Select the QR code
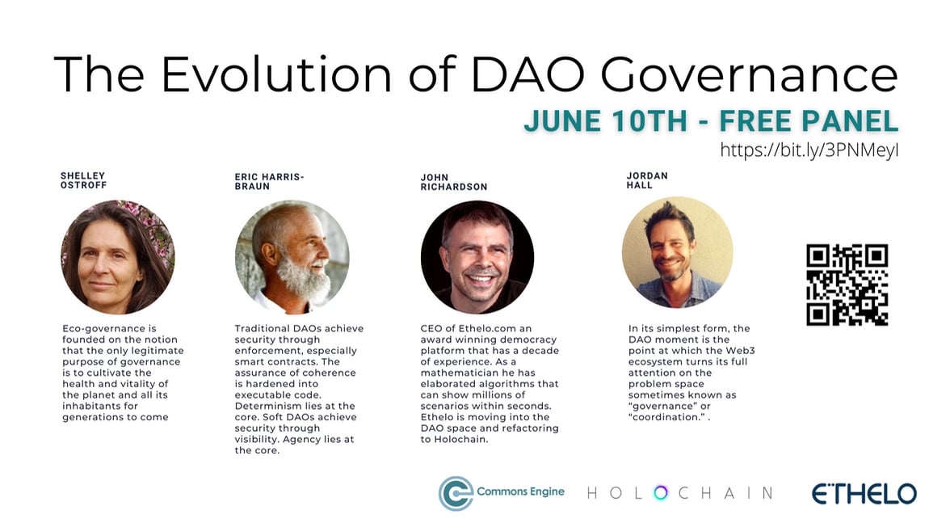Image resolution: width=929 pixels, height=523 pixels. (x=847, y=285)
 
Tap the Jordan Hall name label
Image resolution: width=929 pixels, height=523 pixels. (x=647, y=180)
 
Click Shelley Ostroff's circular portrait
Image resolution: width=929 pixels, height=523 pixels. (x=118, y=258)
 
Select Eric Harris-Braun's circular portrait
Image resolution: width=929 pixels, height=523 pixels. (x=292, y=258)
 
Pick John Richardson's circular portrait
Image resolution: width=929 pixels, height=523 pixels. (x=477, y=258)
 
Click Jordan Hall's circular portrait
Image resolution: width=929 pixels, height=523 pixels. (x=677, y=252)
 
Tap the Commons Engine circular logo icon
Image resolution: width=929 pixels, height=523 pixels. (x=456, y=493)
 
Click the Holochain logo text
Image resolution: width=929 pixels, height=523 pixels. (x=679, y=493)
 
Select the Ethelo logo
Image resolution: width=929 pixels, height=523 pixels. (x=864, y=493)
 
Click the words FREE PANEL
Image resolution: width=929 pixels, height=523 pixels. (x=809, y=120)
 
